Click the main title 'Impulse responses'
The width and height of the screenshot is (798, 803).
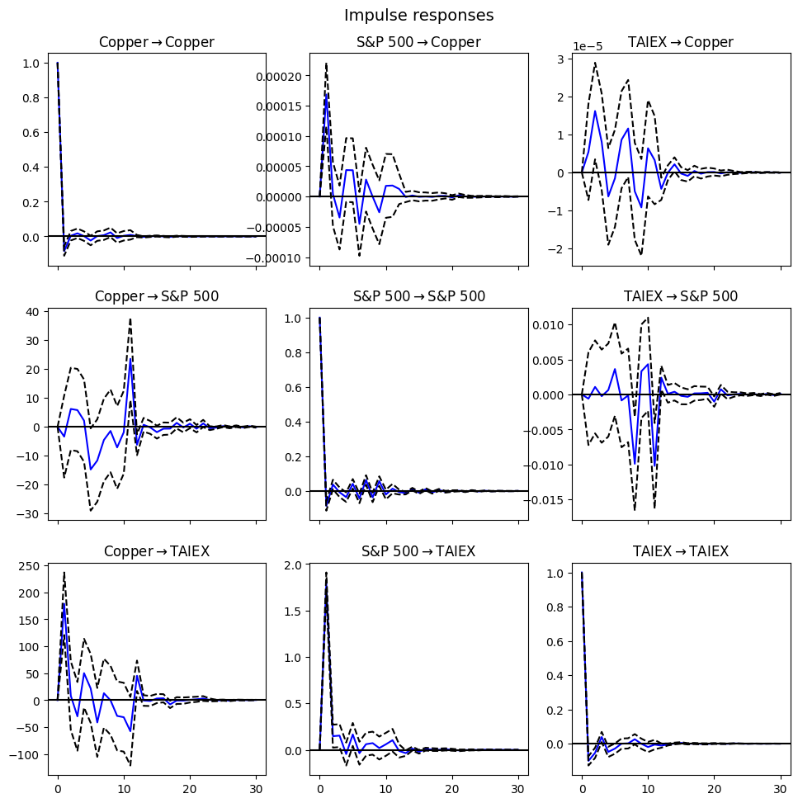[x=418, y=16]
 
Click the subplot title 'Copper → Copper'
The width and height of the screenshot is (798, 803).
[x=157, y=43]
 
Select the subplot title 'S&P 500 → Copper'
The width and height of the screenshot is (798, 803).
[x=418, y=43]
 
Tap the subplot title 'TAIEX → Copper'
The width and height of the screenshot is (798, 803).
[x=681, y=43]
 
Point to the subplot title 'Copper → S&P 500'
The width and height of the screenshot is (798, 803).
[x=157, y=296]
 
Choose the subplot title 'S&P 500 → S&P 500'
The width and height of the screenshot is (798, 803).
[x=418, y=296]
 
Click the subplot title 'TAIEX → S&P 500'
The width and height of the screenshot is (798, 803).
[x=681, y=296]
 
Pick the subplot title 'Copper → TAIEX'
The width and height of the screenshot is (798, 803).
[x=157, y=551]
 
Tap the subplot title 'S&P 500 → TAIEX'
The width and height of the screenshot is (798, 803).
[x=418, y=551]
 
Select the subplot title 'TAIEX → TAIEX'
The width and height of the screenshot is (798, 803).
[x=681, y=551]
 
